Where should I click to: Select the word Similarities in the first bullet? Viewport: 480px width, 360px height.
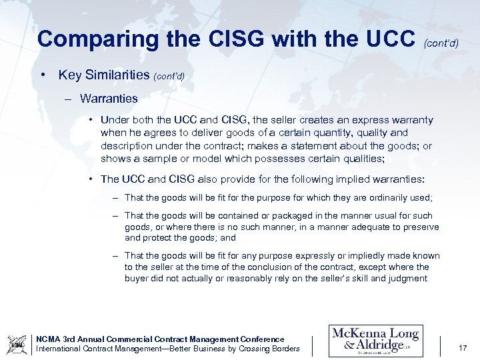coord(118,75)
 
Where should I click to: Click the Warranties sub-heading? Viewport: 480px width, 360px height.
coord(109,99)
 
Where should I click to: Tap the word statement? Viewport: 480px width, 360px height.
coord(327,145)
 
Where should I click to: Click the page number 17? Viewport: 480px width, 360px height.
coord(463,347)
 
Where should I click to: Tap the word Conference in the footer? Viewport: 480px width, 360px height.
coord(261,339)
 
